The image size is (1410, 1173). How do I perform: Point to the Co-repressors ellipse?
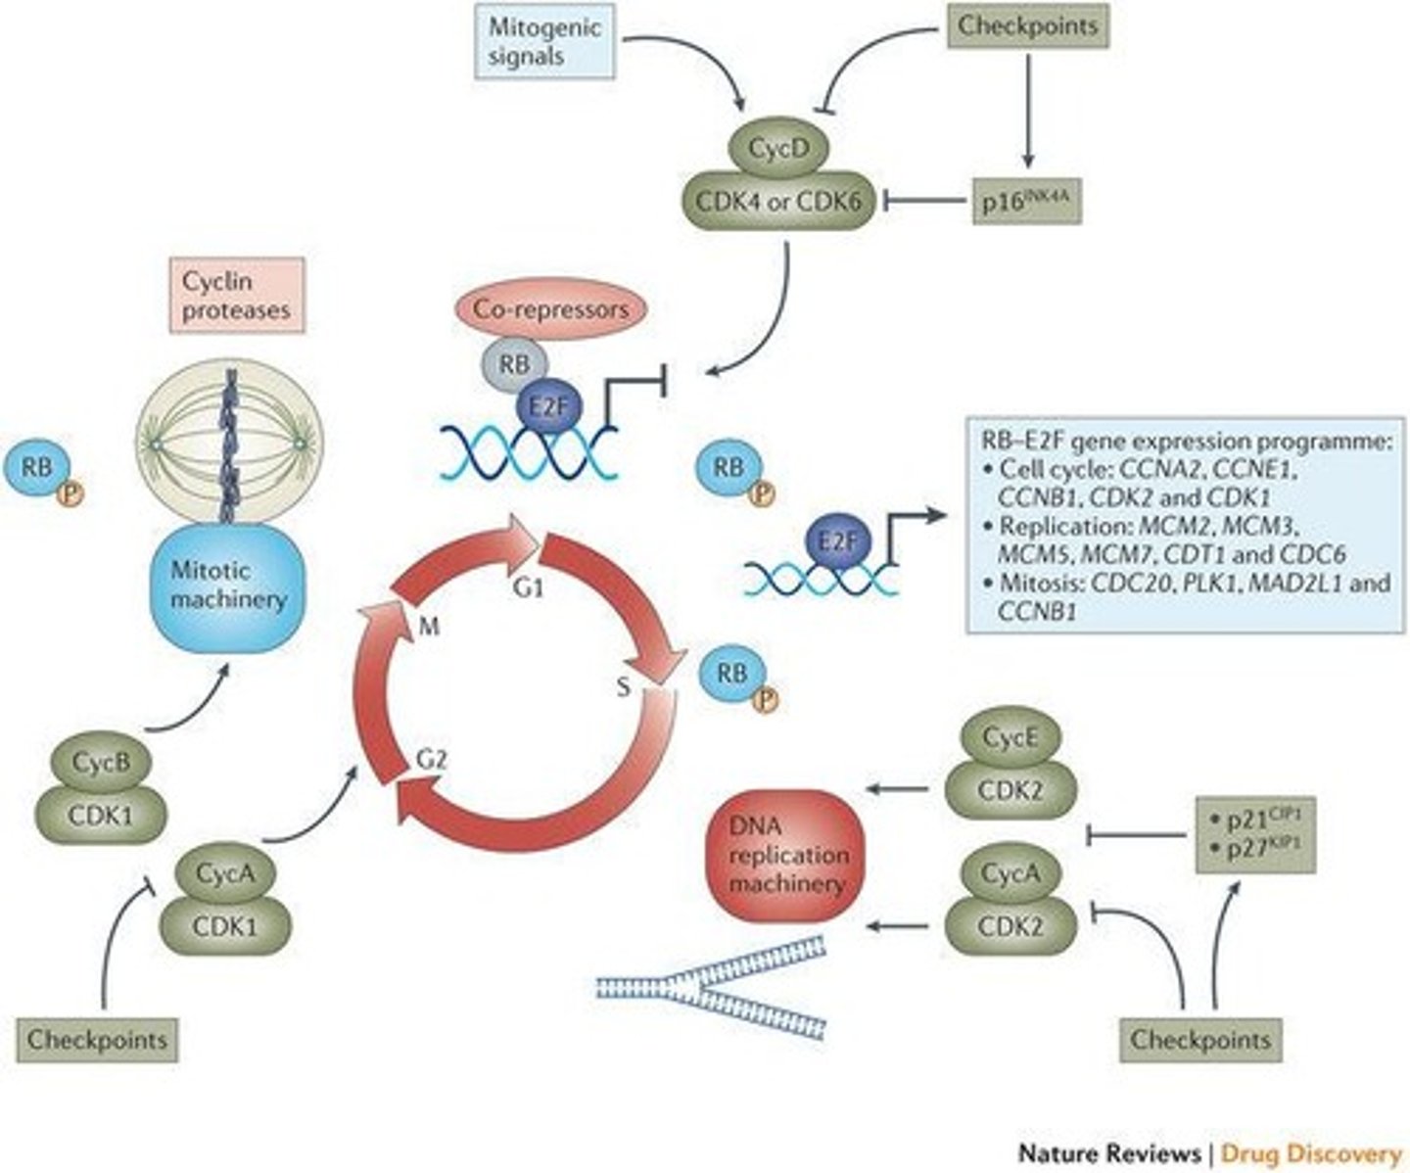551,310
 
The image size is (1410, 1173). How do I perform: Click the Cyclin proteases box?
236,296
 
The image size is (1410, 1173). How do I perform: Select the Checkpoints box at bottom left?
97,1038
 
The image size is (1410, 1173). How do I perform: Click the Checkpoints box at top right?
1026,26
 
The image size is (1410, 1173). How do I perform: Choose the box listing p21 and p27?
1256,833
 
